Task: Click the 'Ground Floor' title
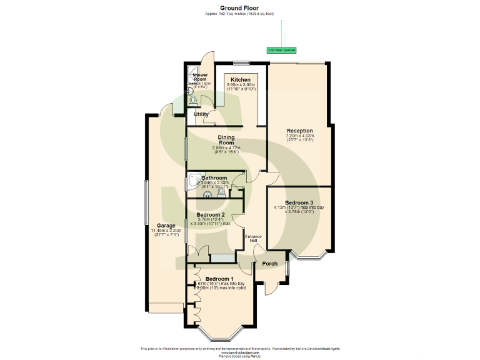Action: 239,8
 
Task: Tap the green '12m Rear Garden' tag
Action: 281,50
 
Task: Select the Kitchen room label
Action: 241,80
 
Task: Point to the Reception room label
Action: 300,131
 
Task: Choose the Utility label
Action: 201,114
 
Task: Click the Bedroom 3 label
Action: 299,202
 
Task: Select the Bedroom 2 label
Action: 209,214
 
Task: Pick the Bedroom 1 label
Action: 219,279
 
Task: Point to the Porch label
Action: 269,264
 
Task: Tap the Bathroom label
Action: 214,178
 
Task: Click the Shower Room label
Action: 199,77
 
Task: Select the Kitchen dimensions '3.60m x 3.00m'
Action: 241,85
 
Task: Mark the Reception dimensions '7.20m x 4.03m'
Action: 300,136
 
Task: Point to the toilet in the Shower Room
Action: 194,100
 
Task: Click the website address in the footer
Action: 239,352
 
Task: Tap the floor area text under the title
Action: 239,14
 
